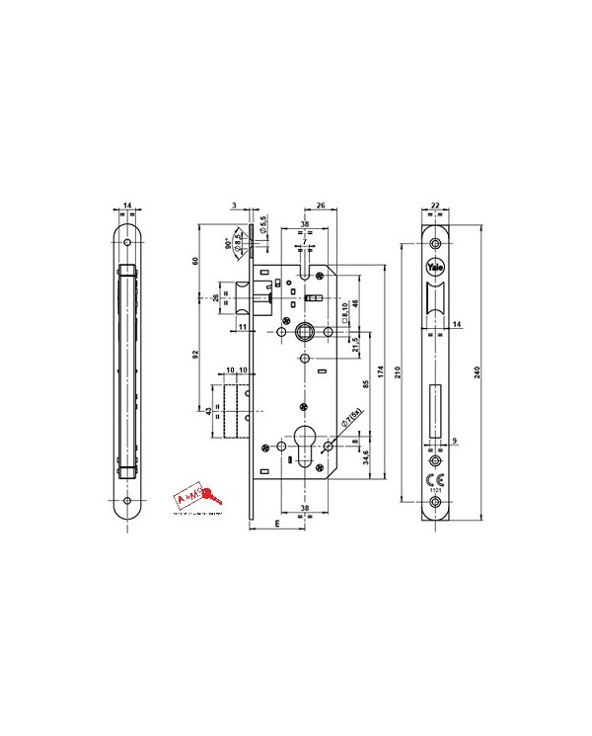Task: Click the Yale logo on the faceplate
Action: pyautogui.click(x=435, y=267)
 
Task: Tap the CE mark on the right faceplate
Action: pyautogui.click(x=435, y=477)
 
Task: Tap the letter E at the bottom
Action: pyautogui.click(x=277, y=527)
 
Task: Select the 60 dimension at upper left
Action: pyautogui.click(x=196, y=261)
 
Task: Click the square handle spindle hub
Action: pyautogui.click(x=303, y=330)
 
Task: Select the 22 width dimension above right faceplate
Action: pyautogui.click(x=435, y=206)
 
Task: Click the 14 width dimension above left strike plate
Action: pyautogui.click(x=127, y=206)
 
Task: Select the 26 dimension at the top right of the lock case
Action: pyautogui.click(x=322, y=206)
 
